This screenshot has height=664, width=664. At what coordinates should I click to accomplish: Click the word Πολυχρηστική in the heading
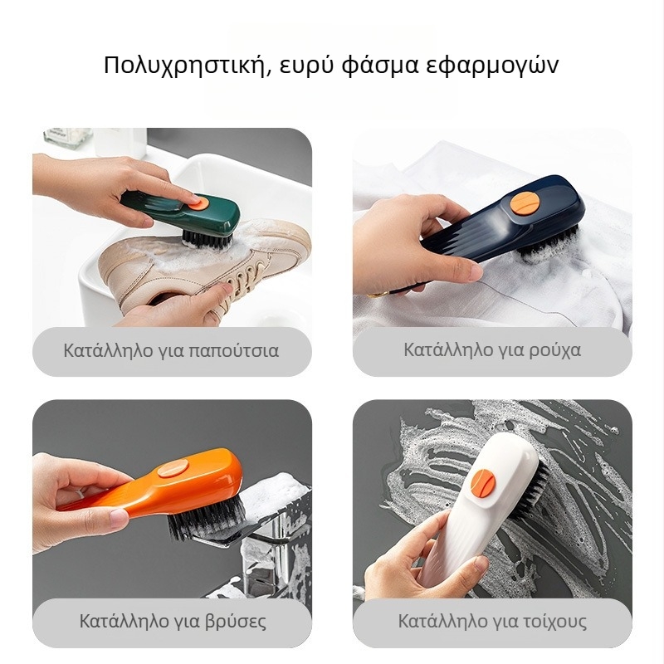(187, 66)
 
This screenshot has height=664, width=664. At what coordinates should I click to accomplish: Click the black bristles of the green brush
(207, 239)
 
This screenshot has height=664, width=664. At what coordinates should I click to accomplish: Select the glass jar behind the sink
(68, 137)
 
